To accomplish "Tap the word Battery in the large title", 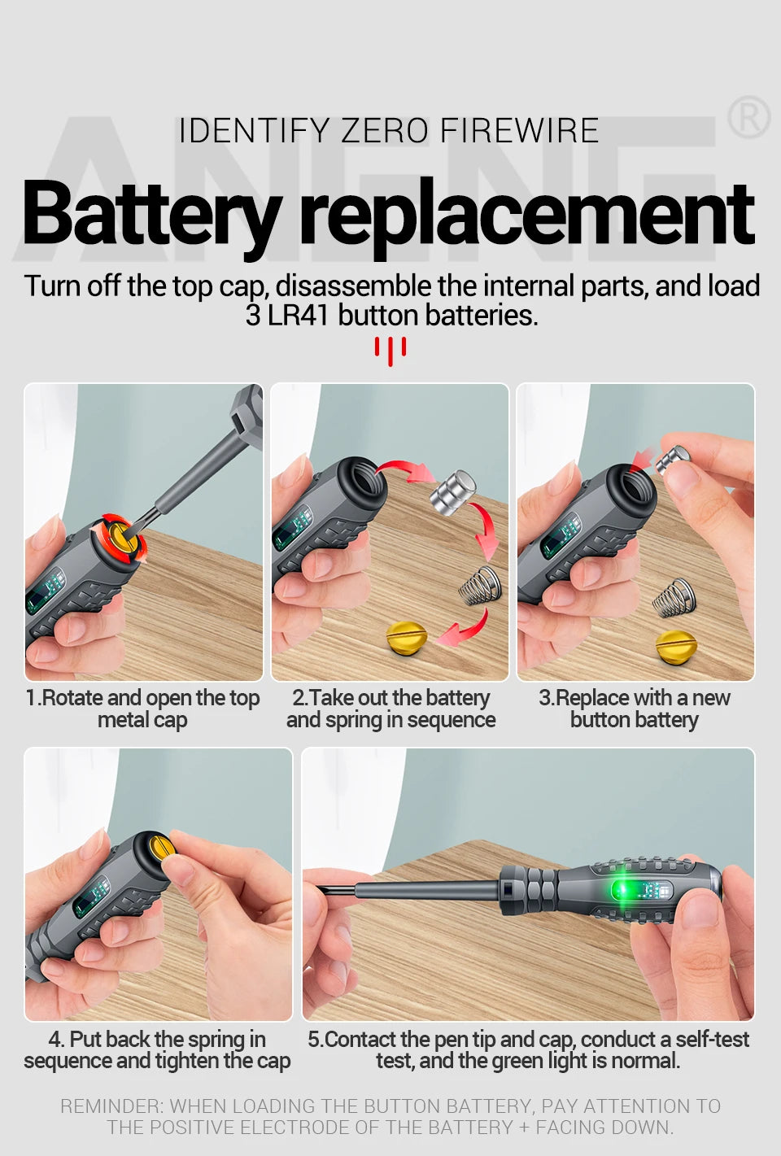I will [151, 214].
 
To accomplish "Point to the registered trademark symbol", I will [748, 119].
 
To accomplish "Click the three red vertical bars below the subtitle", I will [390, 350].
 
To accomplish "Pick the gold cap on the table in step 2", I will [406, 637].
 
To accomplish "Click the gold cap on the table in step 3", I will [675, 646].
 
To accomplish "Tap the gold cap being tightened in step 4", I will [156, 853].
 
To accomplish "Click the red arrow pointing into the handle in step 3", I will [643, 459].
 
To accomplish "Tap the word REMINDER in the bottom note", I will [111, 1106].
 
